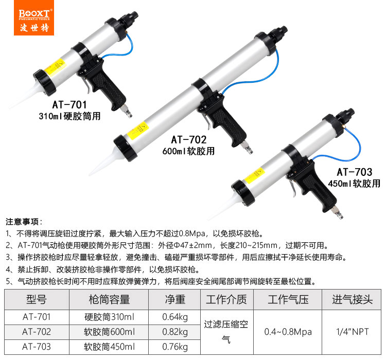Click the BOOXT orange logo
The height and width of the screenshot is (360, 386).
tap(34, 17)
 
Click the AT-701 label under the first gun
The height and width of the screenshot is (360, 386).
tap(69, 104)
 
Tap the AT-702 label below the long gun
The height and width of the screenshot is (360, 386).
tap(188, 140)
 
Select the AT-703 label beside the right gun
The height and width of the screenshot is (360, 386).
tap(355, 172)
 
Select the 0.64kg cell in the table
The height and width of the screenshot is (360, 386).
tap(175, 317)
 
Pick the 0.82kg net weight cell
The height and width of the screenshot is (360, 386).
tap(175, 332)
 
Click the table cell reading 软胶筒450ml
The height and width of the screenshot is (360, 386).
tap(109, 347)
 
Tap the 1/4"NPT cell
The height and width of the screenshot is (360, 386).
tap(352, 332)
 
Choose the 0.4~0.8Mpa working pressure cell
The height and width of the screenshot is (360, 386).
tap(288, 332)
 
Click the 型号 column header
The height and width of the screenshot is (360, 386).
tap(37, 299)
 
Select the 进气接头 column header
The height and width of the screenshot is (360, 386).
tap(352, 299)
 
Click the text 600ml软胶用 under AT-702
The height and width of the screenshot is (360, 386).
tap(188, 151)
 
